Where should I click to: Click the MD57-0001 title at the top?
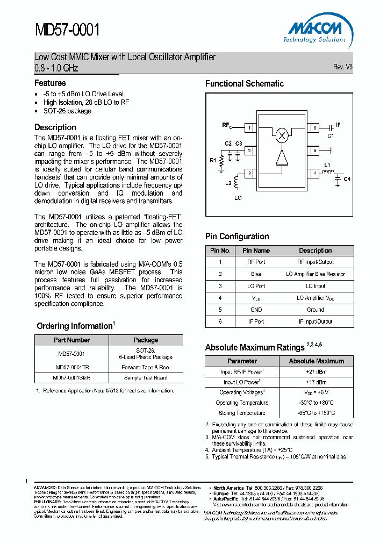click(x=67, y=29)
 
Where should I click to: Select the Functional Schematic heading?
click(x=244, y=83)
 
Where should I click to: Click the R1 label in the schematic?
click(x=212, y=160)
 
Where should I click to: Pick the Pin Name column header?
click(x=256, y=250)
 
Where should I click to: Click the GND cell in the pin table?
click(x=256, y=310)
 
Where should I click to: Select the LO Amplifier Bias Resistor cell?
click(x=316, y=274)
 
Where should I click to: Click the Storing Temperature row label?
click(x=241, y=413)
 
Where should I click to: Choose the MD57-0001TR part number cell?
click(x=72, y=368)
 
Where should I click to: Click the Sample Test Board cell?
click(x=145, y=378)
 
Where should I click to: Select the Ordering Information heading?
click(x=74, y=326)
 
